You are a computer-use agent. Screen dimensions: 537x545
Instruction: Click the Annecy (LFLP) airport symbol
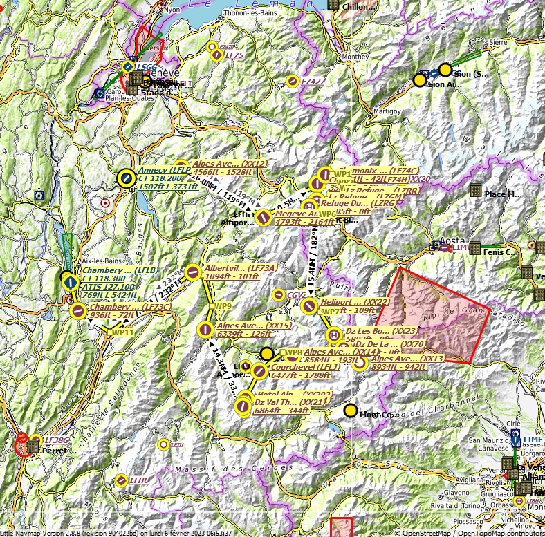pos(125,178)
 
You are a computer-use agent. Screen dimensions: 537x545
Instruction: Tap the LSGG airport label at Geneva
pos(146,67)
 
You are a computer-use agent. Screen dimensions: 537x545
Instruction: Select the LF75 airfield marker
pos(216,55)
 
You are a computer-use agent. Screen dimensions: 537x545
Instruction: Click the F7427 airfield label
pos(313,82)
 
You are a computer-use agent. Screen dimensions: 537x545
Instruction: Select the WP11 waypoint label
pos(122,332)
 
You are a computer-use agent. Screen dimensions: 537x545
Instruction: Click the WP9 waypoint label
pos(223,305)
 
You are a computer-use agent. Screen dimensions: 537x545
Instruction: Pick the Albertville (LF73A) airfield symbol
pos(193,273)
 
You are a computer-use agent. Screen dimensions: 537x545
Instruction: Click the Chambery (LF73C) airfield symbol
pos(78,311)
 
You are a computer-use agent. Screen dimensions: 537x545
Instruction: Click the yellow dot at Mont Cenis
pos(351,411)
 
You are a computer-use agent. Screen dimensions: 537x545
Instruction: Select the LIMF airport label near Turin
pos(533,439)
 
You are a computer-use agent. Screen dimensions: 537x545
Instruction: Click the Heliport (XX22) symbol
pos(311,304)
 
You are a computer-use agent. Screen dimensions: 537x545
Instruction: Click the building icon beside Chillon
pos(333,5)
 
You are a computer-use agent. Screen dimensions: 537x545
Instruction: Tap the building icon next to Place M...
pos(475,189)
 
